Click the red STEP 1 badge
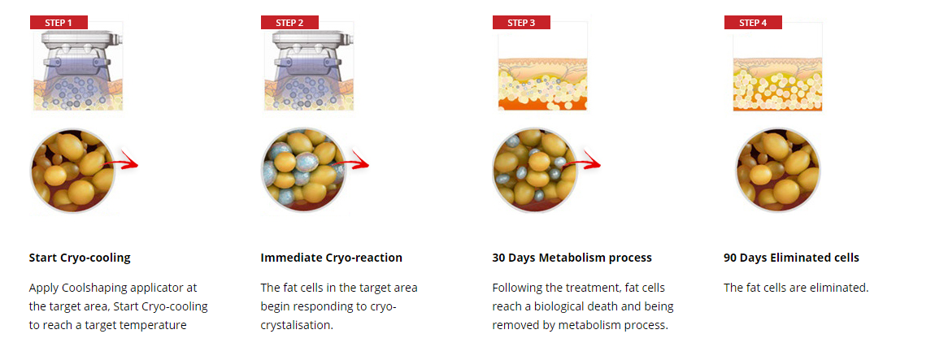(59, 23)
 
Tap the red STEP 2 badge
(289, 23)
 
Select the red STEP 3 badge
(521, 23)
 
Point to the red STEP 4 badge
(753, 23)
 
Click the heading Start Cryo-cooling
(80, 258)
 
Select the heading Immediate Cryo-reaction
(332, 258)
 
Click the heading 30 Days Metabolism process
(572, 258)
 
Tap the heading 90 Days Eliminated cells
(791, 258)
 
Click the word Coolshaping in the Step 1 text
(89, 288)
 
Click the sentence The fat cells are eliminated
(796, 288)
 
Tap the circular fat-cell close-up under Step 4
(777, 170)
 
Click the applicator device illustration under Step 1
(77, 66)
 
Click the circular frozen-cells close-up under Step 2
(304, 170)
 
